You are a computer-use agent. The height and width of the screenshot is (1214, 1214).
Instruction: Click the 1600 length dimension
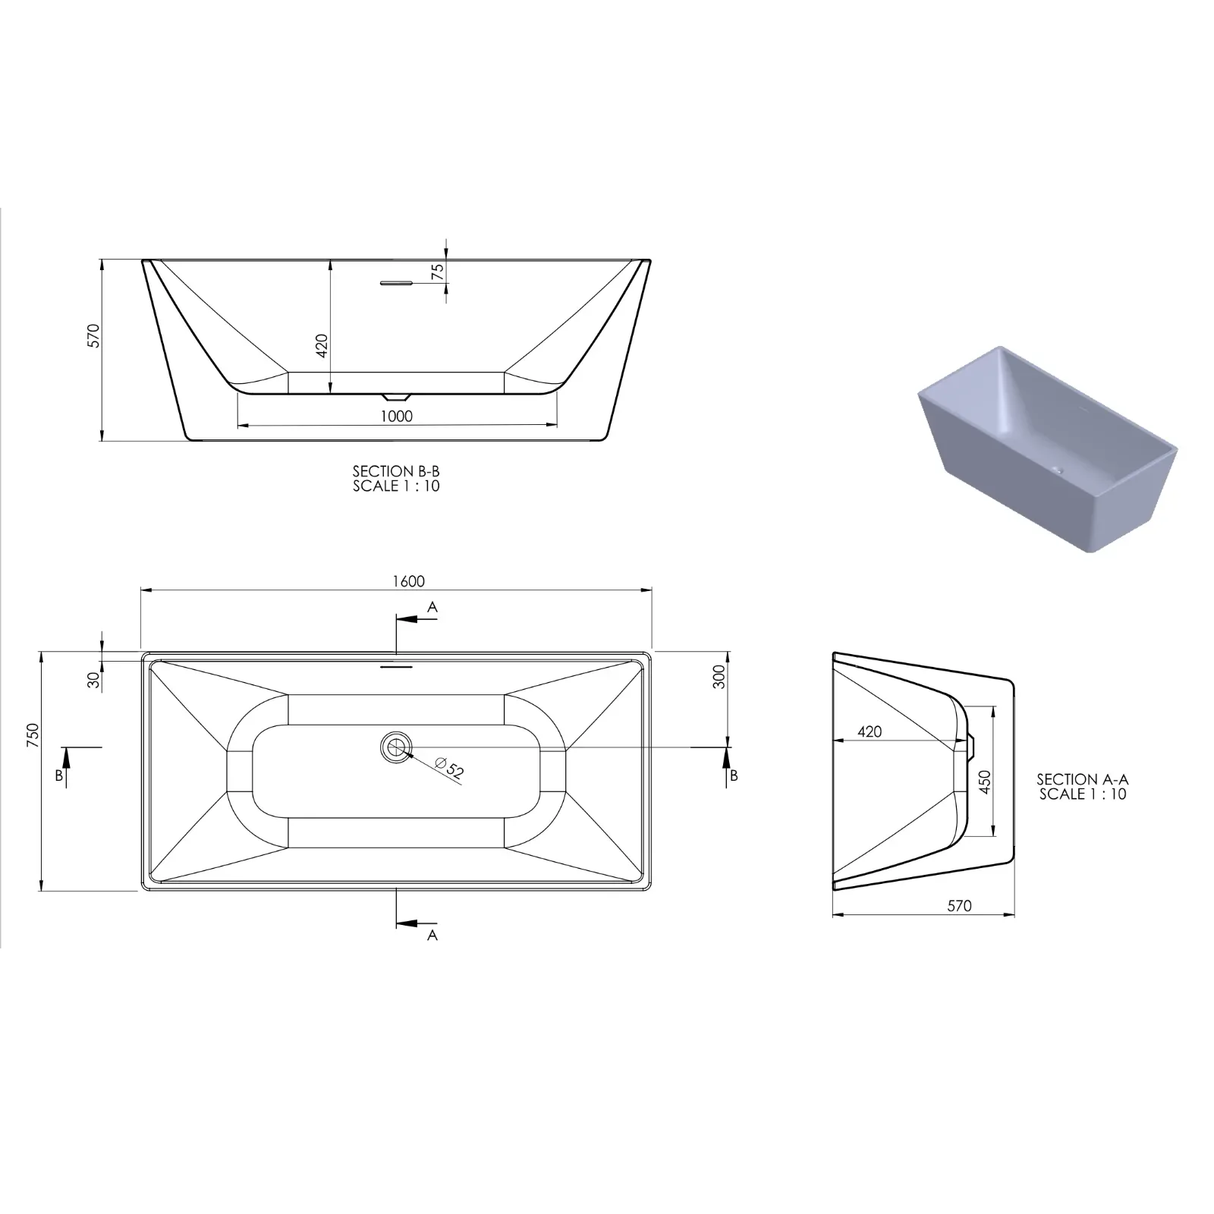[408, 581]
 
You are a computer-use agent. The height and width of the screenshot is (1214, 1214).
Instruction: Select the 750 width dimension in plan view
[33, 736]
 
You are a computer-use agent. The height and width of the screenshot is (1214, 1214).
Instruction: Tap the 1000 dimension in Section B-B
[397, 416]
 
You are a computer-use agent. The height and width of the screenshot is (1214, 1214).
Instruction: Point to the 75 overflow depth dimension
[438, 272]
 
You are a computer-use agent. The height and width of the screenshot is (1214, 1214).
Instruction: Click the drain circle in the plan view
[395, 747]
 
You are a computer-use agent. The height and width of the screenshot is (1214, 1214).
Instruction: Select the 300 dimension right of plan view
[719, 676]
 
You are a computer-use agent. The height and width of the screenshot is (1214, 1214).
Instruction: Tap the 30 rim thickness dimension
[94, 680]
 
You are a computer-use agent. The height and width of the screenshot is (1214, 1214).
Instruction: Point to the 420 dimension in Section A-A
[870, 731]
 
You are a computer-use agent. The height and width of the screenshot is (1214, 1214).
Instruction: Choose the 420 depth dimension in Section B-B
[322, 345]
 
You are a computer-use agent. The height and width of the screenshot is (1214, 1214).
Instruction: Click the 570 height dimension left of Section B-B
[94, 335]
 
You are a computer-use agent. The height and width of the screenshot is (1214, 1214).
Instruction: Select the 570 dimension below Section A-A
[959, 906]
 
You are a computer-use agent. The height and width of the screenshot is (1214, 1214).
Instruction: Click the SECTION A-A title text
[1083, 779]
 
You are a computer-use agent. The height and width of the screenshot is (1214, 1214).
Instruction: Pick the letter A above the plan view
[432, 607]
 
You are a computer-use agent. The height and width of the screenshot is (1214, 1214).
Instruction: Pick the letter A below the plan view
[432, 936]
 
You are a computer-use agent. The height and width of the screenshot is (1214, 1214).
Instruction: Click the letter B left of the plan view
[58, 775]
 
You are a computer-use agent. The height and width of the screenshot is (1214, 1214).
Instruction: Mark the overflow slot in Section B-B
[395, 284]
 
